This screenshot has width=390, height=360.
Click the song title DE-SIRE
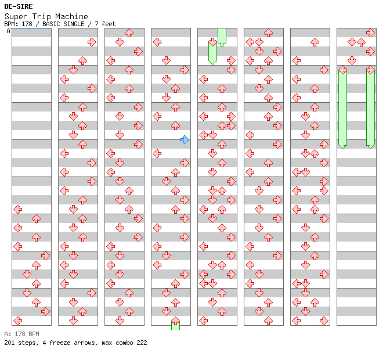(19, 6)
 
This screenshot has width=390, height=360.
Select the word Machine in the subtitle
(72, 16)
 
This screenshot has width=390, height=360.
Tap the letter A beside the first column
(8, 31)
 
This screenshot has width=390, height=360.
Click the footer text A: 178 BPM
(21, 334)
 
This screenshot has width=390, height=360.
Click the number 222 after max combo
(140, 343)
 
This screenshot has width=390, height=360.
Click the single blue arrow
(185, 139)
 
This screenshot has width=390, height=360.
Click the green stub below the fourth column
(175, 324)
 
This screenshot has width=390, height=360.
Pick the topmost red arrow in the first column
(17, 209)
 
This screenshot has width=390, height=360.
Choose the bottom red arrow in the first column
(17, 321)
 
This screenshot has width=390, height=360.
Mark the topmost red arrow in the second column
(92, 42)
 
